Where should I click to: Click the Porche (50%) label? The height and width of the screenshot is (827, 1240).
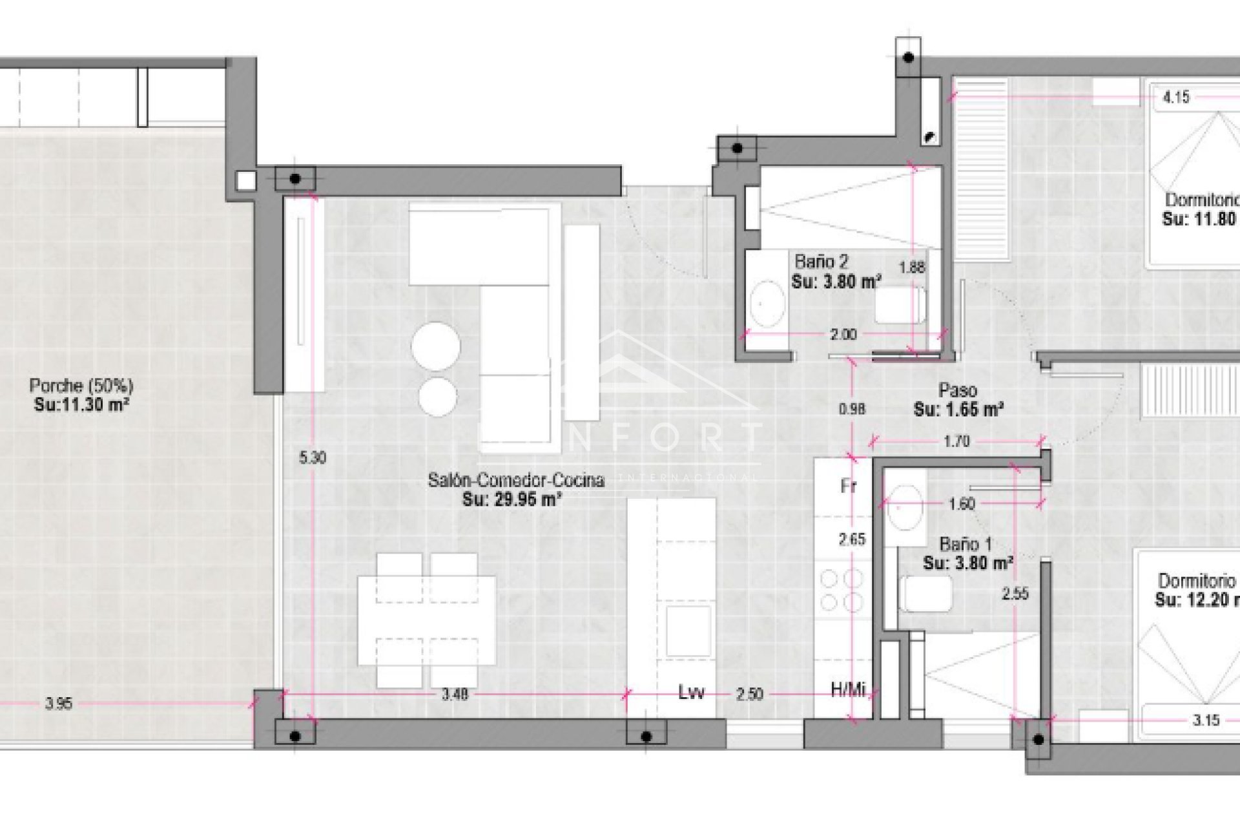[x=81, y=386]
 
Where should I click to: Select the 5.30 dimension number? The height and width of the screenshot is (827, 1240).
[x=313, y=458]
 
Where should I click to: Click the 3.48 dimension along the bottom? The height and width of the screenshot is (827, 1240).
[x=455, y=695]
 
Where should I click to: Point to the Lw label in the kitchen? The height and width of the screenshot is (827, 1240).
[x=691, y=693]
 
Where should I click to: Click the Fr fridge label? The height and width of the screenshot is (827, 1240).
[x=848, y=486]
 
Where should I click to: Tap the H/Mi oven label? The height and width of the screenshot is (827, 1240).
[x=847, y=690]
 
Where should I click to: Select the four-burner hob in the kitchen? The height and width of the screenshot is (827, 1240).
[x=842, y=590]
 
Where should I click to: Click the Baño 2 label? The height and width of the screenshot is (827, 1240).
[x=821, y=262]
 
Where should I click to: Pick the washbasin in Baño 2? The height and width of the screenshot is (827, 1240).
[x=767, y=302]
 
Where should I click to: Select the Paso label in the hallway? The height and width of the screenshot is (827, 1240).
[x=957, y=390]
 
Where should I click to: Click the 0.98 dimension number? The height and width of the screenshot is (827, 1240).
[x=851, y=409]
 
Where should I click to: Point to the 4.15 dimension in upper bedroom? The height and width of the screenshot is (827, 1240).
[x=1175, y=98]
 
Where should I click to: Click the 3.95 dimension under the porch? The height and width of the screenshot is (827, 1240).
[x=59, y=704]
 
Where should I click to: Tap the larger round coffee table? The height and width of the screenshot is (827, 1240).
[x=436, y=346]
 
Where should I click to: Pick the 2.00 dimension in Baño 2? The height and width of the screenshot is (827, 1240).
[x=843, y=335]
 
